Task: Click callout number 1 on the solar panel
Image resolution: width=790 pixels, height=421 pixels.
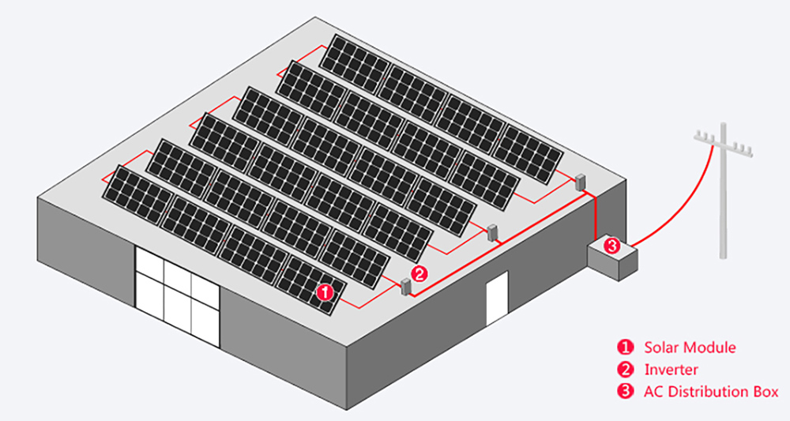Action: tap(325, 292)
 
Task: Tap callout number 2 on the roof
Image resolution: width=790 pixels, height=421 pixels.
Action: tap(419, 274)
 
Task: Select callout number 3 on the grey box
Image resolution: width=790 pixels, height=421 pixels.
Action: tap(611, 246)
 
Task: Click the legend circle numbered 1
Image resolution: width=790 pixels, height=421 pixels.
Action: tap(625, 347)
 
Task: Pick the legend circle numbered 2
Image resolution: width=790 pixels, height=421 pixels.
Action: tap(625, 370)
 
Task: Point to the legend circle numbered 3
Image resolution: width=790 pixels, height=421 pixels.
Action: tap(625, 392)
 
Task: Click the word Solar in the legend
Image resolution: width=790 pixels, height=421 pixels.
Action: tap(659, 347)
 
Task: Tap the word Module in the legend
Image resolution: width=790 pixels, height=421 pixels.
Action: tap(706, 347)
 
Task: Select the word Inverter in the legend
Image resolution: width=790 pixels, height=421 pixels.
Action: tap(671, 370)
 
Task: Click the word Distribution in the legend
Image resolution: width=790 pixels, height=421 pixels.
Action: tap(712, 392)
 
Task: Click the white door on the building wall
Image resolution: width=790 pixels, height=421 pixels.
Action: tap(497, 299)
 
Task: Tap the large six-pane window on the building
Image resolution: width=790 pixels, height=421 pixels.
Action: tap(177, 297)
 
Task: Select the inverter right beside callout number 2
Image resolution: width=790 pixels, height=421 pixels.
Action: tap(405, 287)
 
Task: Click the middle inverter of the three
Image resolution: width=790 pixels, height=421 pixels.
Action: tap(492, 232)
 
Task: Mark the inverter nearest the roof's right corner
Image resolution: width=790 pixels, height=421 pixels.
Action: tap(581, 182)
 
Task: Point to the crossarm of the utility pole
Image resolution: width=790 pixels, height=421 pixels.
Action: tap(723, 142)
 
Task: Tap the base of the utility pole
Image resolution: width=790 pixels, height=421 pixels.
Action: tap(724, 256)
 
